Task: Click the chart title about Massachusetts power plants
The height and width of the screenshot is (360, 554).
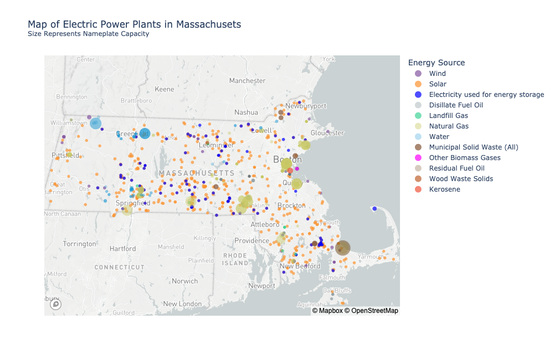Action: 134,24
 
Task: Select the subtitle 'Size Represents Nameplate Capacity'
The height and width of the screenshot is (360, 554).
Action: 88,34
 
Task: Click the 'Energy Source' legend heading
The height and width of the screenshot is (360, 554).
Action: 436,63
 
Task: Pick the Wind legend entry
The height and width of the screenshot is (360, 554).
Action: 437,74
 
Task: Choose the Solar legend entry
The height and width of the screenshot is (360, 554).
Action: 438,84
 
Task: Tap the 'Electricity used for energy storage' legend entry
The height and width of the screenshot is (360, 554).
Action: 486,95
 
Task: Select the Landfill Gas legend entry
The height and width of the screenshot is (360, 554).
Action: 448,116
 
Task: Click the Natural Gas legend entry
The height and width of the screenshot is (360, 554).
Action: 449,126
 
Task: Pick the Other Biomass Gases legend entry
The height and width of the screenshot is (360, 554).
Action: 464,158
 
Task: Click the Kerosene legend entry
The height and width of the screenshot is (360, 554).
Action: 444,189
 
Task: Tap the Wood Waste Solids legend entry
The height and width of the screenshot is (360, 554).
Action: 460,179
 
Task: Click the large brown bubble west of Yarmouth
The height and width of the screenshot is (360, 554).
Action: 343,248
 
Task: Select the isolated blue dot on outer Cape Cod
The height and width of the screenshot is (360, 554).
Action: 375,208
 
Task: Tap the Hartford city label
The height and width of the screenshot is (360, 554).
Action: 122,249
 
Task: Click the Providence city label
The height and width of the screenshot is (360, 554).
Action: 252,241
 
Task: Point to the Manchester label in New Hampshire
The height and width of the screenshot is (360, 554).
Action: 247,81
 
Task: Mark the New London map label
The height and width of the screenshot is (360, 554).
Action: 182,304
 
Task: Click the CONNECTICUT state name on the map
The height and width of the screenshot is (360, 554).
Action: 120,267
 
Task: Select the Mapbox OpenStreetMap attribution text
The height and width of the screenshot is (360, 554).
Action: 355,311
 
